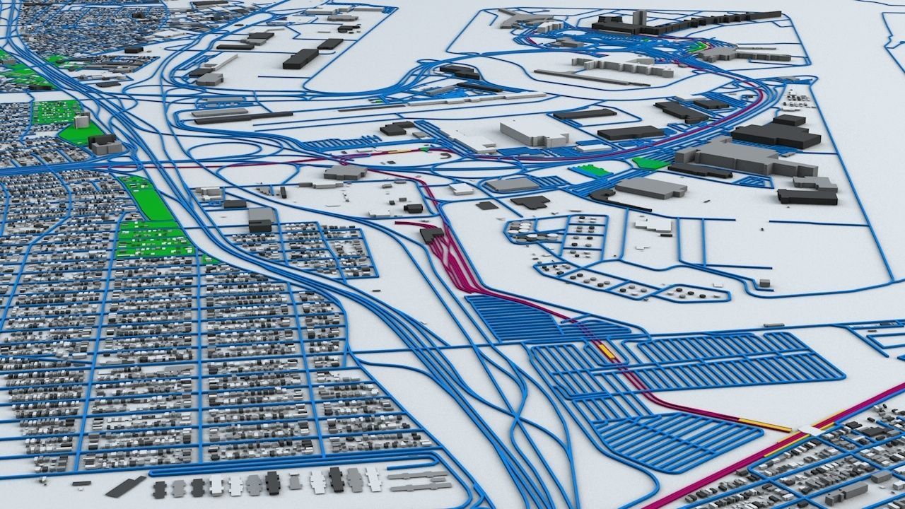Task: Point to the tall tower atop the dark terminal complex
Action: pos(638,18)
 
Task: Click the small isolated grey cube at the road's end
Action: pos(764,283)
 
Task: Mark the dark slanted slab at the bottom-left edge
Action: pos(125,486)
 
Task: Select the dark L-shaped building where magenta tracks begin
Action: pos(431,234)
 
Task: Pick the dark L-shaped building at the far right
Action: pos(808,192)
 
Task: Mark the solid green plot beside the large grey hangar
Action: pos(650,163)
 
